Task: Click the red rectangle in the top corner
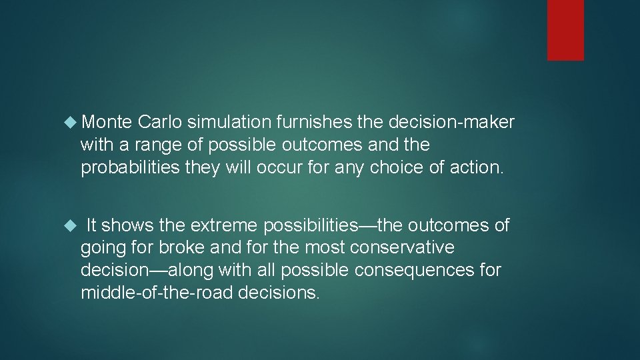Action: point(565,30)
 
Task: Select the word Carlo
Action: point(160,122)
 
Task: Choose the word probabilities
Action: point(129,167)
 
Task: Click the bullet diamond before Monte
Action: point(72,122)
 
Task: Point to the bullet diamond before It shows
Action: point(72,226)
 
